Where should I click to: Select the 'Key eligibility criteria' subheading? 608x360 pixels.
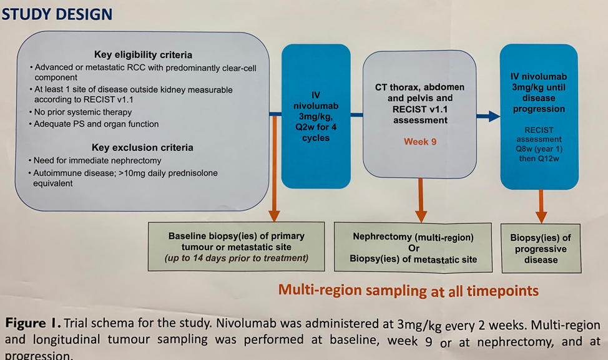tap(143, 55)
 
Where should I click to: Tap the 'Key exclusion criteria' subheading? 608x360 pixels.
tap(142, 148)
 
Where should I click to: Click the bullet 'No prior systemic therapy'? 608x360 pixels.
tap(83, 112)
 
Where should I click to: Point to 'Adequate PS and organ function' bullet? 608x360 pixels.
tap(97, 124)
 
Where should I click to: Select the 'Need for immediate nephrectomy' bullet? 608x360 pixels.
tap(97, 161)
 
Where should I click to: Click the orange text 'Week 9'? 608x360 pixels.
tap(420, 142)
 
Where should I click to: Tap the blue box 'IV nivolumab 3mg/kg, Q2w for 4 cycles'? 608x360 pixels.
tap(316, 116)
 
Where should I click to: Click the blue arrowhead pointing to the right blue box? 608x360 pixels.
tap(493, 115)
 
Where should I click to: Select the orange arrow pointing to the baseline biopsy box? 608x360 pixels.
tap(274, 214)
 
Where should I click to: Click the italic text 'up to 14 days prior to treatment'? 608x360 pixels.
tap(236, 258)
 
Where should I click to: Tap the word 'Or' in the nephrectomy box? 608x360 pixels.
tap(413, 248)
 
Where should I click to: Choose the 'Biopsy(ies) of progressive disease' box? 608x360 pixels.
tap(541, 248)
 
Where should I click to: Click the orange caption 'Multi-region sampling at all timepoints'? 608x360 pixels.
tap(408, 290)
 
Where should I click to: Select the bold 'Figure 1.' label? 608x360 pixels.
tap(32, 324)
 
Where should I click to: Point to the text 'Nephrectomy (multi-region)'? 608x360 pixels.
tap(413, 237)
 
